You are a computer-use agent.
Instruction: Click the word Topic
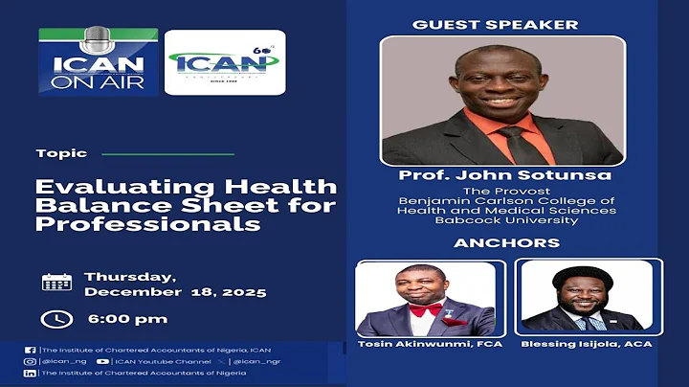tap(61, 153)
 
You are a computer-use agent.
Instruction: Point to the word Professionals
tap(147, 224)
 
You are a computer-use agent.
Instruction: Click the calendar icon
tap(56, 282)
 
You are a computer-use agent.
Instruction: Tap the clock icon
tap(56, 318)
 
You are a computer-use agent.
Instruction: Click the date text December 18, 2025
tap(175, 291)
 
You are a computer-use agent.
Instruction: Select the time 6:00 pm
tap(126, 318)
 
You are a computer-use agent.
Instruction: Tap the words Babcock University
tap(508, 220)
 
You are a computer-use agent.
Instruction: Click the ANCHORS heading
tap(507, 242)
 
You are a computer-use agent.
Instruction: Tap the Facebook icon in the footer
tap(30, 349)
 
